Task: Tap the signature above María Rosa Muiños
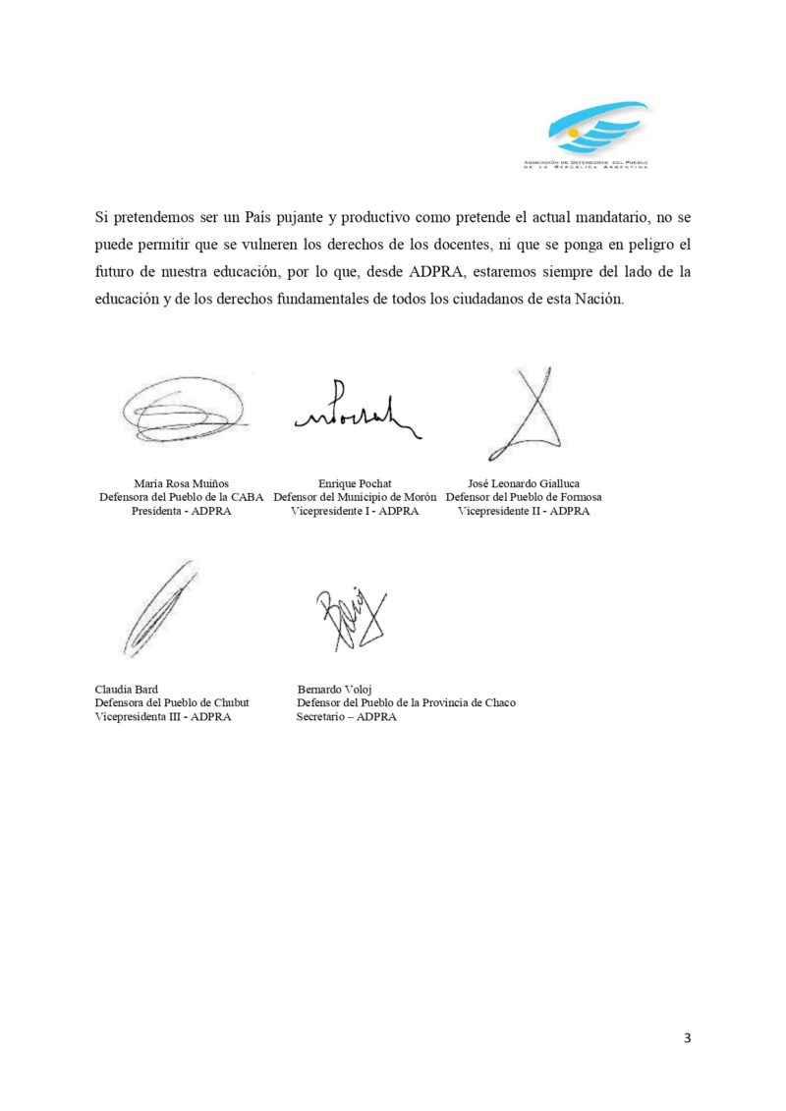click(x=183, y=411)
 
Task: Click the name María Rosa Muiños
click(x=182, y=483)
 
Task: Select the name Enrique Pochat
click(x=355, y=483)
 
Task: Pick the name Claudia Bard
click(x=126, y=689)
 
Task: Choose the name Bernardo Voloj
click(x=335, y=689)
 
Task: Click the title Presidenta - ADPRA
click(x=182, y=511)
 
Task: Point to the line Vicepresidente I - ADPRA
click(x=355, y=511)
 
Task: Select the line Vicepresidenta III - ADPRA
click(x=163, y=716)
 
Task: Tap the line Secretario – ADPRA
click(x=347, y=716)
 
